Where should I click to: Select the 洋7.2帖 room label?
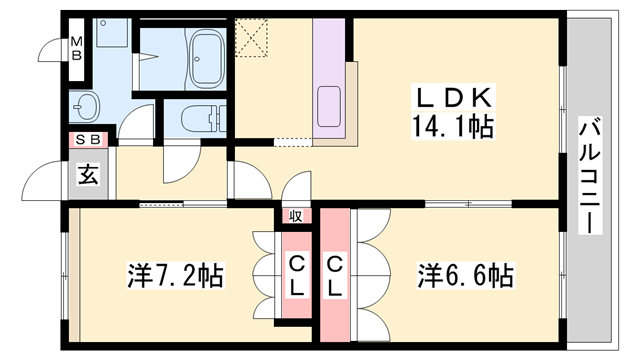175,273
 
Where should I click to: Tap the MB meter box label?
76,47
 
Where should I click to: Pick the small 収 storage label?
297,216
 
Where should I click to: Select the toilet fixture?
190,118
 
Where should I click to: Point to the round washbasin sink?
85,105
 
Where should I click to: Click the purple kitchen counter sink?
329,106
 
